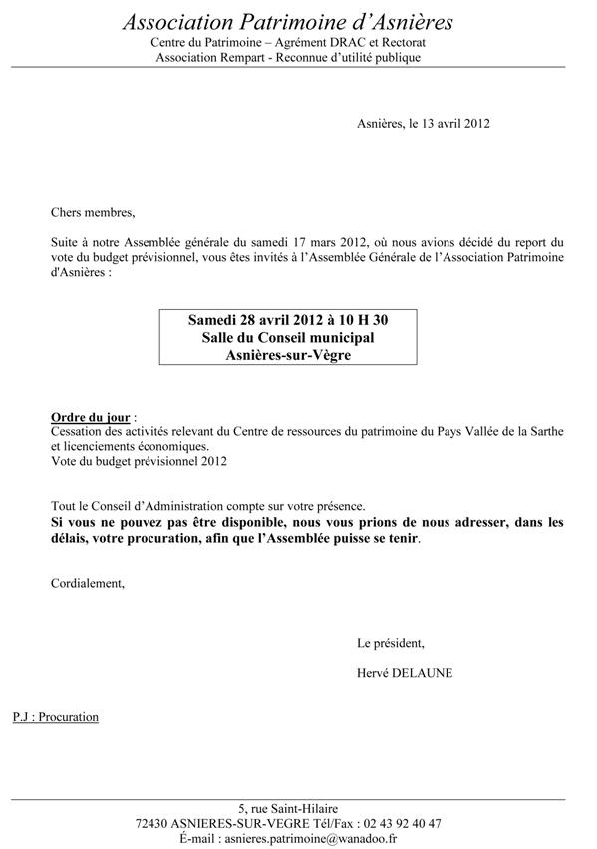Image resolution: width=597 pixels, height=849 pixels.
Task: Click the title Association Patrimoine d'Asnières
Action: click(x=288, y=22)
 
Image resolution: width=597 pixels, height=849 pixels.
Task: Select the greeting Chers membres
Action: click(x=92, y=212)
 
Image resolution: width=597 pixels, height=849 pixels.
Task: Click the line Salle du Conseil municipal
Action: click(x=288, y=339)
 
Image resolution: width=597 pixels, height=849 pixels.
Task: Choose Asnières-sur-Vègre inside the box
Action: click(x=288, y=357)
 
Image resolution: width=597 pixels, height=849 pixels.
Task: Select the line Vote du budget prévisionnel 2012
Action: click(x=139, y=461)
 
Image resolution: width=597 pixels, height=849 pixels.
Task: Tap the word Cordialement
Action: click(x=88, y=583)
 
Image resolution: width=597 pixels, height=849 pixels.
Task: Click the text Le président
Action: click(x=390, y=642)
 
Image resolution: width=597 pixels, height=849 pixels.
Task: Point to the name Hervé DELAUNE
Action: click(x=404, y=673)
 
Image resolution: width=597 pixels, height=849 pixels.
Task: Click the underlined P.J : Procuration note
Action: click(x=56, y=716)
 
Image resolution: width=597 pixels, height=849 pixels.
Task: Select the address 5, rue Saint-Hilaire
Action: click(x=288, y=808)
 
